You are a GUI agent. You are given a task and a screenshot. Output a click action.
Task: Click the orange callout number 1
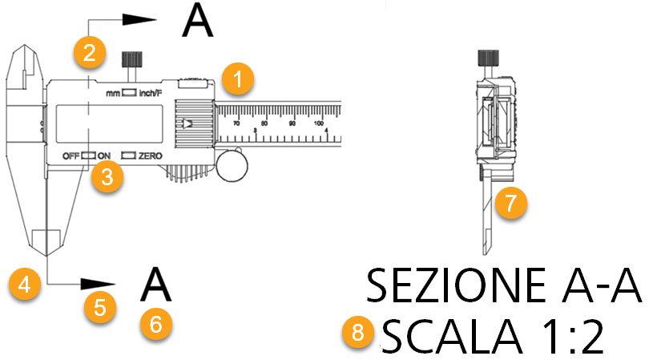click(x=237, y=79)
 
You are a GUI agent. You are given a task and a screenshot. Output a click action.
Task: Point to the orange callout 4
click(x=26, y=284)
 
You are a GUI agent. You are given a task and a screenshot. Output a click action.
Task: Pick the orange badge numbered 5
click(x=100, y=308)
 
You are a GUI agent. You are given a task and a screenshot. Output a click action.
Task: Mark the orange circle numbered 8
click(x=357, y=335)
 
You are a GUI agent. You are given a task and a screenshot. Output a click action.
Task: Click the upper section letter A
click(x=198, y=22)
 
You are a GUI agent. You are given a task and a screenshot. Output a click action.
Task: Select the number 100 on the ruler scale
click(x=319, y=123)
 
